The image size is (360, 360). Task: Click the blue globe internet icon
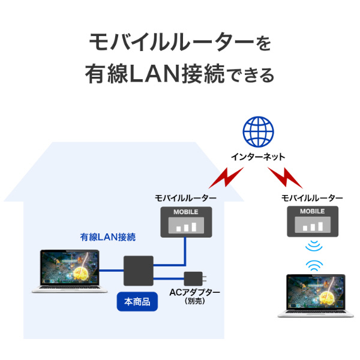pyautogui.click(x=258, y=132)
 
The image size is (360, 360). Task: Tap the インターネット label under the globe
pyautogui.click(x=258, y=157)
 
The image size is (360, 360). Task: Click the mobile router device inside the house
pyautogui.click(x=185, y=221)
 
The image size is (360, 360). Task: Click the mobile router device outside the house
pyautogui.click(x=312, y=221)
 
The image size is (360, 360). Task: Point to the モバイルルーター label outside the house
pyautogui.click(x=312, y=197)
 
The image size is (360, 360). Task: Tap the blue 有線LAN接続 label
pyautogui.click(x=108, y=237)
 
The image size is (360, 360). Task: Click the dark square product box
pyautogui.click(x=139, y=271)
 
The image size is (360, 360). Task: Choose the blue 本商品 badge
pyautogui.click(x=137, y=301)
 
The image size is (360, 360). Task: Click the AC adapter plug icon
pyautogui.click(x=195, y=278)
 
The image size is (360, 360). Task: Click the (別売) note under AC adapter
pyautogui.click(x=196, y=302)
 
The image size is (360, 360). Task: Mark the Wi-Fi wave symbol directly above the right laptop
pyautogui.click(x=313, y=264)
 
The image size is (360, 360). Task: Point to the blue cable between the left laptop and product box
pyautogui.click(x=111, y=271)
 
